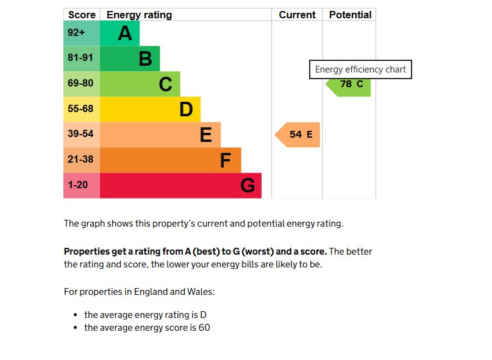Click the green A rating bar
[119, 34]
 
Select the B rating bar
[129, 58]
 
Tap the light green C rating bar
[140, 84]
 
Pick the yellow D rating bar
[149, 110]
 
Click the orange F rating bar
[170, 160]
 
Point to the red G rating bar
[180, 185]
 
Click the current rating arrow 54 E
[298, 135]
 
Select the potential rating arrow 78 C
[349, 85]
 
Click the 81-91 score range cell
[81, 58]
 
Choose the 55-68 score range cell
[81, 110]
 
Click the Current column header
[297, 15]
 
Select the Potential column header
[350, 15]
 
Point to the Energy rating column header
[139, 15]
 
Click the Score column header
[82, 15]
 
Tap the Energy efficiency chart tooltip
[360, 69]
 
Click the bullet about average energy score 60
[147, 328]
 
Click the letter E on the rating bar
[206, 135]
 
